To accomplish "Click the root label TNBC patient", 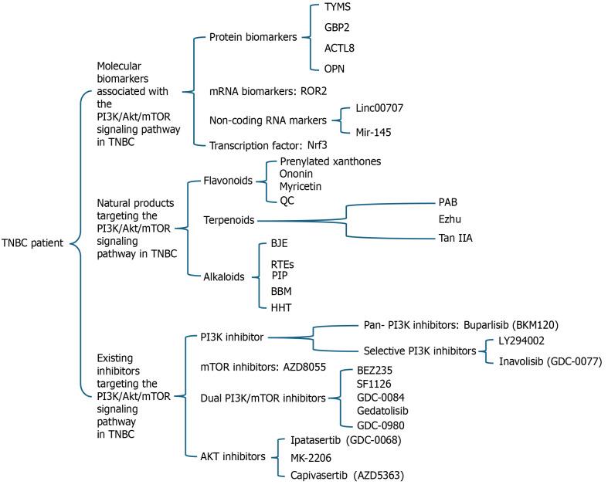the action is click(x=32, y=243).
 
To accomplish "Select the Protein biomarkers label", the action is click(x=253, y=37).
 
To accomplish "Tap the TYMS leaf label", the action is click(x=338, y=7).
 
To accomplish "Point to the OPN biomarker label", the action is click(x=335, y=69).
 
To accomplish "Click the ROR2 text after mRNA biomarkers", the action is click(x=314, y=91).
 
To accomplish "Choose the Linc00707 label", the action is click(x=379, y=108).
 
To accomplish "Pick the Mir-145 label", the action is click(x=373, y=133).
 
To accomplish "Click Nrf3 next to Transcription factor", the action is click(x=318, y=145).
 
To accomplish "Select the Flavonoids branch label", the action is click(x=228, y=181).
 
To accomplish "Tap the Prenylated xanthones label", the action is click(x=331, y=161).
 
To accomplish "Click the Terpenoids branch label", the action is click(x=229, y=220).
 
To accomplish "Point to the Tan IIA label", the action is click(x=456, y=238).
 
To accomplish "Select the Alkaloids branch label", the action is click(x=224, y=276).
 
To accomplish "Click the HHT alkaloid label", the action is click(x=281, y=308).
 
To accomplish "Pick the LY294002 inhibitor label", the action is click(x=521, y=341).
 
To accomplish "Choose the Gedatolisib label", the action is click(x=382, y=411).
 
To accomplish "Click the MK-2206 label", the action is click(x=311, y=458).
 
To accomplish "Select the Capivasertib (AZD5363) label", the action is click(x=347, y=475).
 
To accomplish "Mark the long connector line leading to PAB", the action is click(x=391, y=204).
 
